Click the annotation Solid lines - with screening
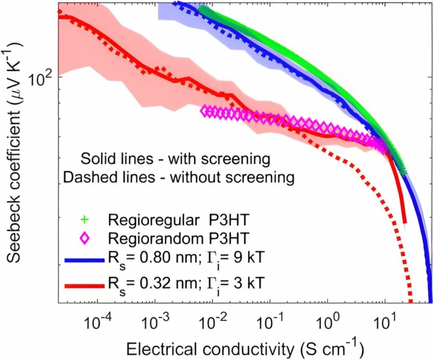(175, 159)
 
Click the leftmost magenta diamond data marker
(205, 111)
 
